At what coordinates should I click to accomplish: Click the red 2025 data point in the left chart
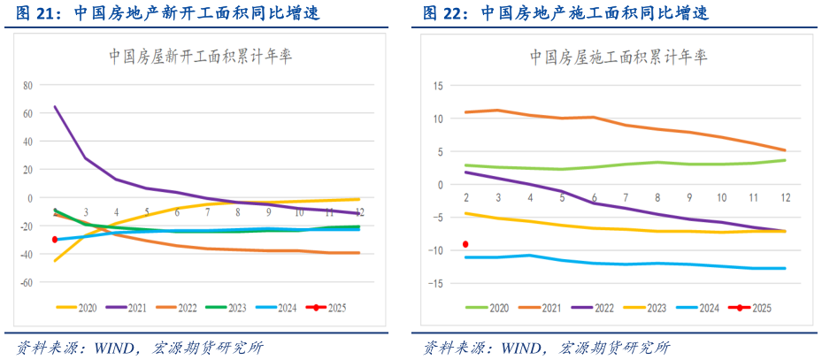click(55, 240)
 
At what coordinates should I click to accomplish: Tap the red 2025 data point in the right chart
click(465, 244)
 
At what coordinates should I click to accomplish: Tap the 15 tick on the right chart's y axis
click(438, 86)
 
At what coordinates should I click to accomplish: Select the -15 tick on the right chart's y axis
click(436, 283)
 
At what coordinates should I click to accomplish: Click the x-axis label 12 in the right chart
click(784, 197)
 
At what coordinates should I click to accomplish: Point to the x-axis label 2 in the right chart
click(466, 197)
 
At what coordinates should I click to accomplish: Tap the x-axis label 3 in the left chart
click(86, 213)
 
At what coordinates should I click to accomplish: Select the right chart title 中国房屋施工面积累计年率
click(618, 57)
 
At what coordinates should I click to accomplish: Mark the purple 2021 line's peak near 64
click(56, 107)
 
